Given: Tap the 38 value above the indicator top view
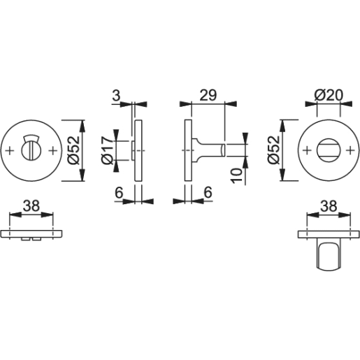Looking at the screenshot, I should click(x=31, y=206).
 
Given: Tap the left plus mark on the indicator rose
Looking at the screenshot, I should click(x=9, y=150).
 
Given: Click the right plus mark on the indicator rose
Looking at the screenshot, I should click(x=54, y=150).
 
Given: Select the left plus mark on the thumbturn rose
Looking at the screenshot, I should click(x=305, y=150).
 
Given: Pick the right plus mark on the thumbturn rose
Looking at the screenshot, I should click(x=350, y=150).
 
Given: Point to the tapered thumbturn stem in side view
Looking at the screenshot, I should click(x=208, y=150).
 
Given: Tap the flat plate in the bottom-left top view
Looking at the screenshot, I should click(x=31, y=233).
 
